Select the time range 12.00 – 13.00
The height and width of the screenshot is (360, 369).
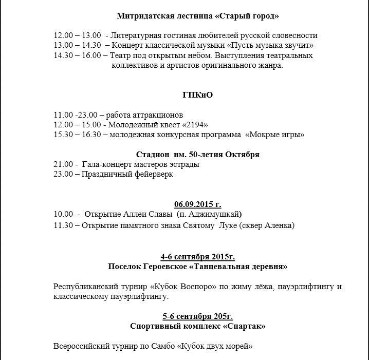77,35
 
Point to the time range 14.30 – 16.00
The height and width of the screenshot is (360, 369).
77,55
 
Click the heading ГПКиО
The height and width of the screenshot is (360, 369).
198,96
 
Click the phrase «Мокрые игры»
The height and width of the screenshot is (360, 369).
275,135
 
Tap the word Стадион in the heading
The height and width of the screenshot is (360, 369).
152,155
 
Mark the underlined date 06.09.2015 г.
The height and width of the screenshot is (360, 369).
198,204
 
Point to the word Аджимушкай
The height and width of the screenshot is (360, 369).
218,214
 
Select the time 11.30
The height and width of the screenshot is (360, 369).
63,225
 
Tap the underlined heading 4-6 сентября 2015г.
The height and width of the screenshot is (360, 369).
198,256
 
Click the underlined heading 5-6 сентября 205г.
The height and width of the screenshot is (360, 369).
198,316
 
